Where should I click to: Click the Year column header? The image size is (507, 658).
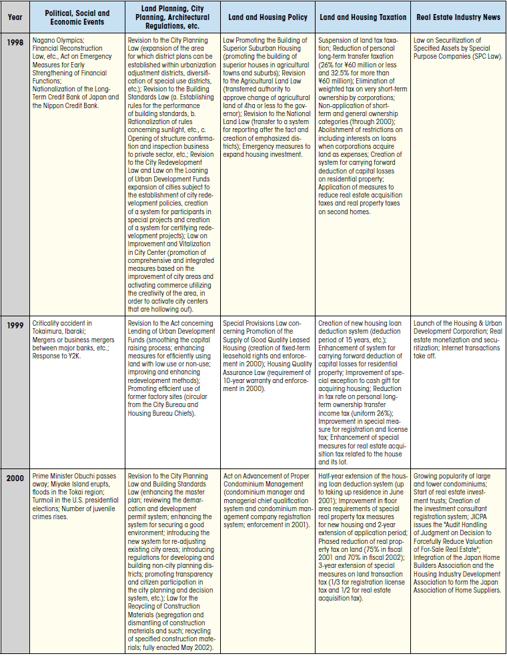click(15, 17)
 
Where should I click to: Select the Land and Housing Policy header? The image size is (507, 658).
click(268, 17)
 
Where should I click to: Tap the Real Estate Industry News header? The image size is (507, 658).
click(458, 17)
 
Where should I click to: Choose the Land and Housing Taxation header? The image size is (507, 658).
click(363, 17)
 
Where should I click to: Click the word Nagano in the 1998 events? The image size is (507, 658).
click(44, 41)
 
